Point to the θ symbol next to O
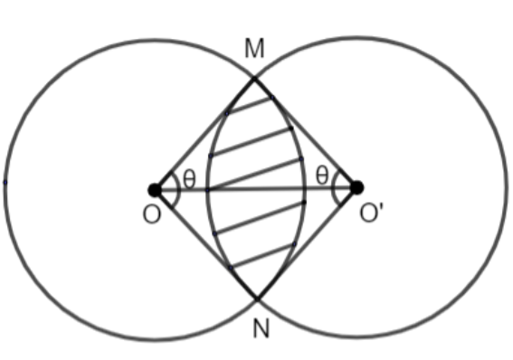pyautogui.click(x=189, y=178)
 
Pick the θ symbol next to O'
pyautogui.click(x=321, y=175)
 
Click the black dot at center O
pyautogui.click(x=155, y=189)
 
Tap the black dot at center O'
pyautogui.click(x=356, y=187)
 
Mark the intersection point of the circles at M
pyautogui.click(x=255, y=78)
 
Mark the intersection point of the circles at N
pyautogui.click(x=258, y=298)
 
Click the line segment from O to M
pyautogui.click(x=204, y=134)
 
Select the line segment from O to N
pyautogui.click(x=206, y=244)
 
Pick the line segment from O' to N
pyautogui.click(x=308, y=242)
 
